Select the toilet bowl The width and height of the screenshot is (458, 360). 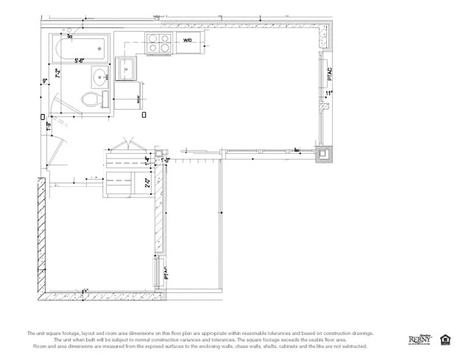(x=90, y=99)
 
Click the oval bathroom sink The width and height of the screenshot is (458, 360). (x=100, y=77)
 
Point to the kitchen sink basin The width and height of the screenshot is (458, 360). (x=126, y=69)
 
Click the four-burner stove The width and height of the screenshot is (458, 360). (x=159, y=43)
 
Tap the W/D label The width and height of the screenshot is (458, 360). (x=188, y=40)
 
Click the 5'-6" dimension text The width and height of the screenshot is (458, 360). (x=80, y=60)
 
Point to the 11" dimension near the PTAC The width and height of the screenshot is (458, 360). (x=329, y=93)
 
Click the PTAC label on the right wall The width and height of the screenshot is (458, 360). (x=330, y=74)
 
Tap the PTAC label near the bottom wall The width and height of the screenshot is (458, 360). (x=166, y=273)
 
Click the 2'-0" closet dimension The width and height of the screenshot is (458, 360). (x=147, y=183)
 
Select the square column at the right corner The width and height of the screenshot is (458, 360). (x=324, y=154)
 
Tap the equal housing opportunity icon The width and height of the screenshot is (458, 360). (x=445, y=339)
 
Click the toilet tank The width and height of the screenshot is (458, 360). (x=105, y=99)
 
